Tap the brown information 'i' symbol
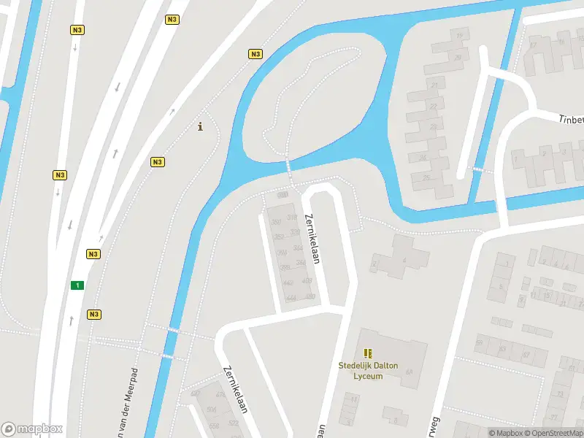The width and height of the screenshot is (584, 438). point(201,127)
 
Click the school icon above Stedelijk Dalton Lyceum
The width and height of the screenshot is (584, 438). point(368,353)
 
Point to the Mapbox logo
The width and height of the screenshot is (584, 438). point(32,429)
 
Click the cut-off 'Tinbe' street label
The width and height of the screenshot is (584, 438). point(571,119)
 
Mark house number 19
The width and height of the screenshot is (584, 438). point(459,35)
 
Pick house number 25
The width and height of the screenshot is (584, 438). point(426,177)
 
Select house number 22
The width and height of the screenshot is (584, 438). point(434,107)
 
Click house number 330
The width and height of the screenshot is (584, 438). point(295,232)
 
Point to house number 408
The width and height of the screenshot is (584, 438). point(307,281)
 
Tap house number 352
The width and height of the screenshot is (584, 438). point(279,237)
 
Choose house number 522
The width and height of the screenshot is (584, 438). point(234,423)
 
